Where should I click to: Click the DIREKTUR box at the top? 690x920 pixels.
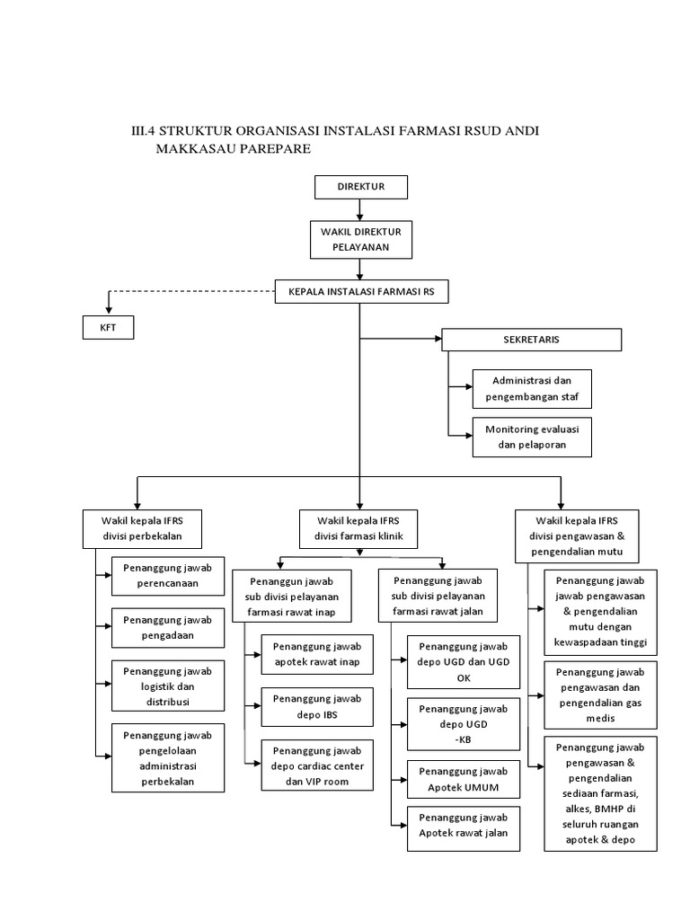click(x=360, y=187)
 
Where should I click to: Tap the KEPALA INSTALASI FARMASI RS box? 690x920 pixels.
click(x=360, y=291)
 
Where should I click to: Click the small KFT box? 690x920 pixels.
click(x=108, y=329)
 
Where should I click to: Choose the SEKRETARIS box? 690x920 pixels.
click(x=531, y=340)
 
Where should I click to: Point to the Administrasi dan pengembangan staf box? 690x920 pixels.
click(x=532, y=387)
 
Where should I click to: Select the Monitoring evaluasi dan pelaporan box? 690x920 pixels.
click(x=532, y=438)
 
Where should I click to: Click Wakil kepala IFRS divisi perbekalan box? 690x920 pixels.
click(x=143, y=528)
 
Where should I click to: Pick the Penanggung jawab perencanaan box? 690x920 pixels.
click(x=168, y=576)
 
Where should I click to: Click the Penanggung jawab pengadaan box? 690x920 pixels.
click(x=168, y=627)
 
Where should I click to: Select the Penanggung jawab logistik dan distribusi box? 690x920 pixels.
click(x=168, y=686)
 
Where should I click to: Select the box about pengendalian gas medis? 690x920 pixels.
click(x=600, y=694)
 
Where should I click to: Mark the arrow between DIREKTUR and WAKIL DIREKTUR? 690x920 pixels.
click(x=360, y=208)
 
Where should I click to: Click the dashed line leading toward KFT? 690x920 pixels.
click(x=189, y=291)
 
